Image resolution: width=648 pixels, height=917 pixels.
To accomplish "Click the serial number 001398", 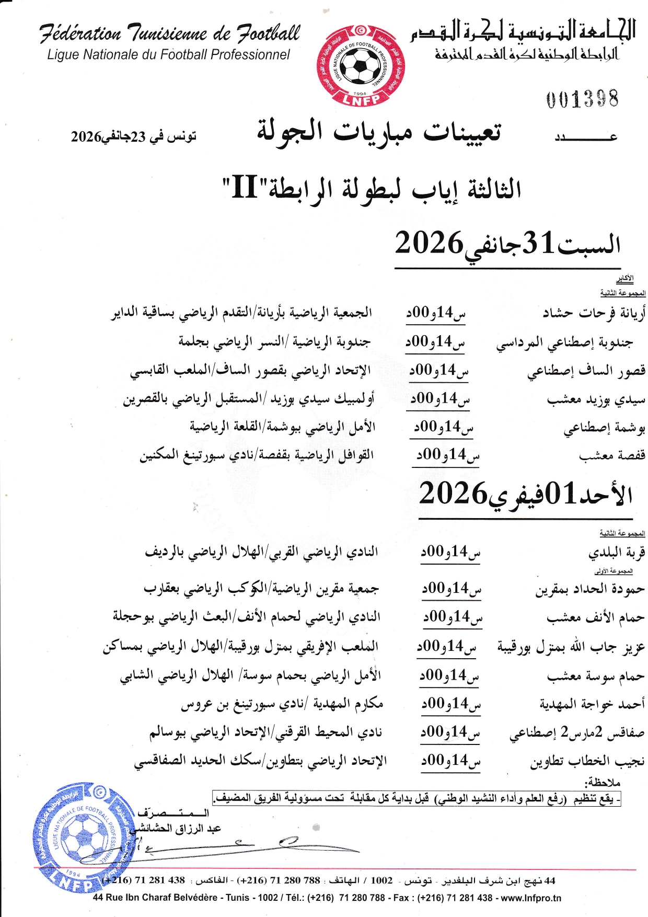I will [582, 99].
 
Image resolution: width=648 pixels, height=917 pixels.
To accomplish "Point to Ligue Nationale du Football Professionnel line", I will [168, 55].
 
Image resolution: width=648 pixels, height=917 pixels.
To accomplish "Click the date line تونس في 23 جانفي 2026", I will [134, 136].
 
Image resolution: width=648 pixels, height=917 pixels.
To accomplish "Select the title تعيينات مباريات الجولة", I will [378, 132].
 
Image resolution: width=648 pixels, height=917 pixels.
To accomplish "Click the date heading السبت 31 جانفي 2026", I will [507, 244].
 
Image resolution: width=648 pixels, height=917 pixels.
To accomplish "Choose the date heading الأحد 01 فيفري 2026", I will [525, 494].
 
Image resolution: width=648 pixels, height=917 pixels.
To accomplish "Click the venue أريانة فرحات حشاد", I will [594, 313].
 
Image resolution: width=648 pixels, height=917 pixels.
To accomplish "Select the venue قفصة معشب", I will [612, 456].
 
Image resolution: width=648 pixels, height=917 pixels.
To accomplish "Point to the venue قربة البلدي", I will [617, 553].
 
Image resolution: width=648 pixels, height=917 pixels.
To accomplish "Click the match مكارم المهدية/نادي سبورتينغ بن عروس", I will [282, 704].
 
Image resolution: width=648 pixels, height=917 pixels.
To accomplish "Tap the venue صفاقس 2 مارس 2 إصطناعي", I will [576, 733].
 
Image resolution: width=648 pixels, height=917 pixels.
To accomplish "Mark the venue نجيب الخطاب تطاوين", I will [587, 762].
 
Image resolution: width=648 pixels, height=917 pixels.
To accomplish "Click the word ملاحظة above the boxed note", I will [602, 783].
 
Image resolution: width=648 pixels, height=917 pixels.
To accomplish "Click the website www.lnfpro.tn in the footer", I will [531, 898].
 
